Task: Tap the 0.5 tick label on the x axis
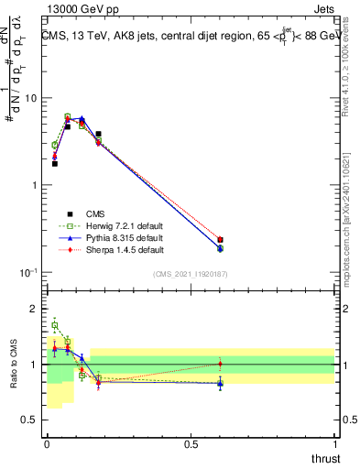[x=191, y=444]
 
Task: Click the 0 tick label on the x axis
[x=47, y=444]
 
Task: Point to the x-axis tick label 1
[x=334, y=444]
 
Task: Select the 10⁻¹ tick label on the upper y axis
[x=29, y=273]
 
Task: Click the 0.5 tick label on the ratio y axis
[x=32, y=421]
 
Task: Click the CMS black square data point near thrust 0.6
[x=220, y=240]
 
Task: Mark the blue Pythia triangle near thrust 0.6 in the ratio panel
[x=220, y=384]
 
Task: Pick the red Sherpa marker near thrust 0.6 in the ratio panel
[x=220, y=364]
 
